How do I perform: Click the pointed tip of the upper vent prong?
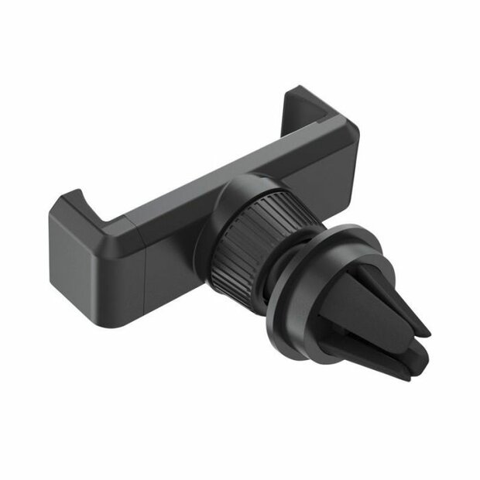click(x=425, y=328)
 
